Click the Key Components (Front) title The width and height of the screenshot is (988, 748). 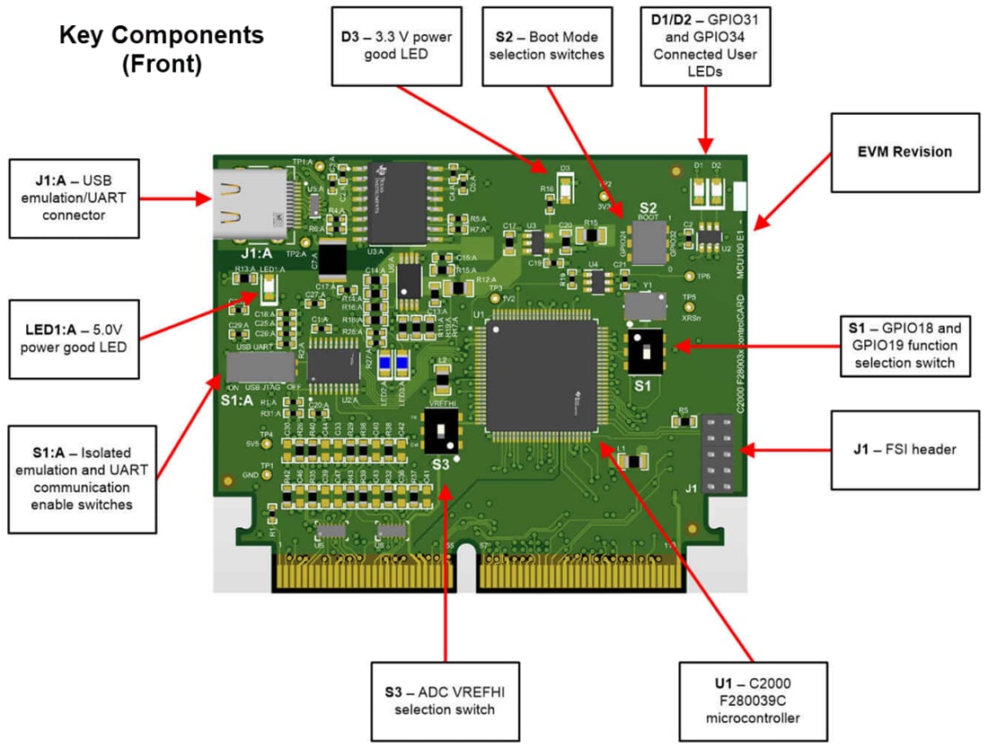click(162, 49)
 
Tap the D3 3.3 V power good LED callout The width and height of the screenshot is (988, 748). click(396, 46)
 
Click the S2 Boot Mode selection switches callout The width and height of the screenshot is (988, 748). click(547, 46)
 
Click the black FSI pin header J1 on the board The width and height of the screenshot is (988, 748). click(717, 453)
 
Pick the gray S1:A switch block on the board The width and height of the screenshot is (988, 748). click(260, 368)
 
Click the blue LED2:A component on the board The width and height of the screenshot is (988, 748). click(384, 363)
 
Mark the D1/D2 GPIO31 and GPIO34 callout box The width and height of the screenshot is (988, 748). click(705, 46)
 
